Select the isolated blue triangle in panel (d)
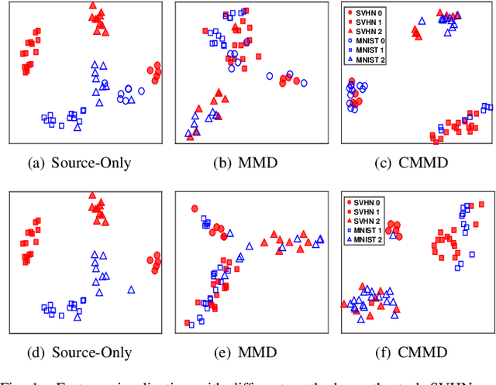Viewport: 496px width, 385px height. (132, 290)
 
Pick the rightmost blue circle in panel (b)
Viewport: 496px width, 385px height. (304, 82)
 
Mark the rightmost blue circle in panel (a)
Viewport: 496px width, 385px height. (141, 91)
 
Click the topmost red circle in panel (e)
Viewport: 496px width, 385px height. (195, 208)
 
